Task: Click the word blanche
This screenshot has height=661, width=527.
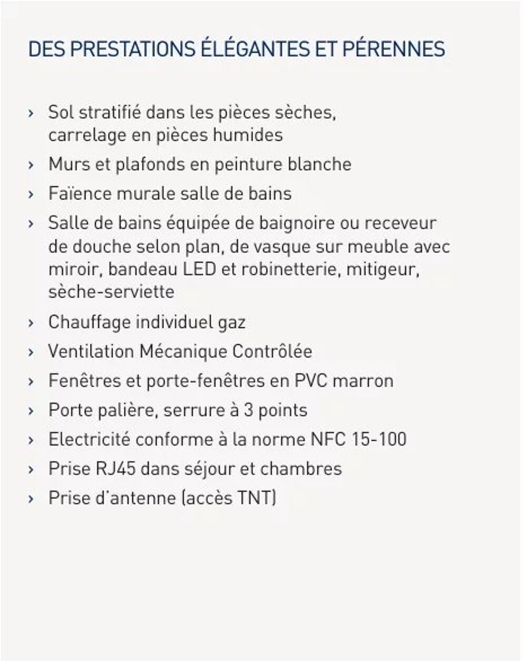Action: (319, 164)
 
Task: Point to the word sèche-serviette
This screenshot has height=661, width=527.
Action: (111, 292)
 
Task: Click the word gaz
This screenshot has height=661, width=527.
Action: (232, 322)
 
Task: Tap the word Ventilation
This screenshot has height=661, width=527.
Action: (90, 351)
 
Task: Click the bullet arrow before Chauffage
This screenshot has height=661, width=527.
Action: (32, 322)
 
